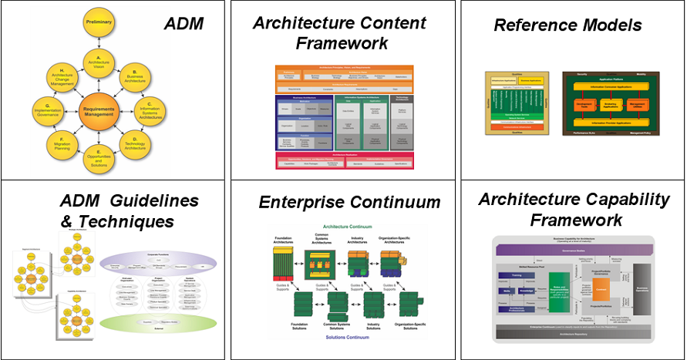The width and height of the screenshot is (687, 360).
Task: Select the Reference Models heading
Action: pos(567,25)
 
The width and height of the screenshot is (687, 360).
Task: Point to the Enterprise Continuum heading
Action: pos(349,202)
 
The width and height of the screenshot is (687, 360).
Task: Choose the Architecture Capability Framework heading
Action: pos(574,210)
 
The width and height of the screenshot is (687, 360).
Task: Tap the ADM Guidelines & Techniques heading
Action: pos(118,211)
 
